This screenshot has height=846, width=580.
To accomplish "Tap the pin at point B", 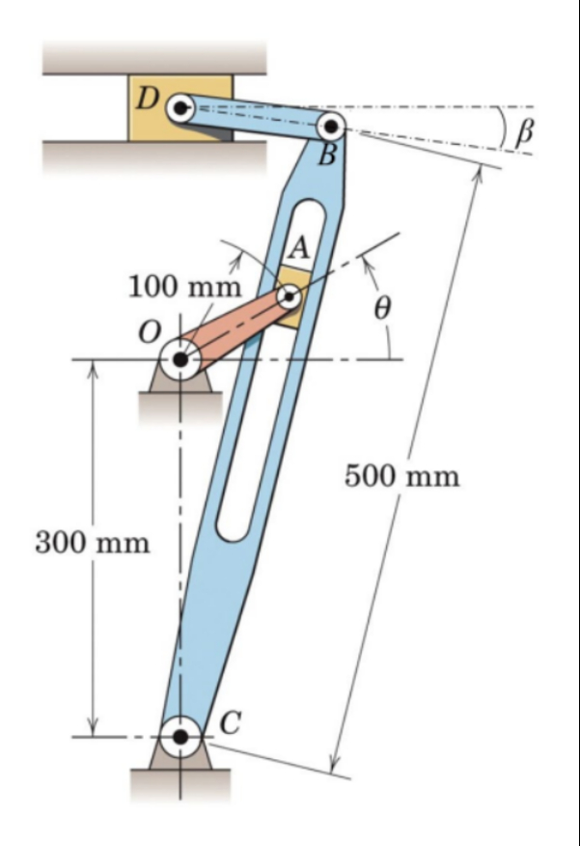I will [331, 126].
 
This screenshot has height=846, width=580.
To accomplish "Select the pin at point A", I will [288, 296].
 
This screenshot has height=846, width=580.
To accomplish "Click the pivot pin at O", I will [180, 361].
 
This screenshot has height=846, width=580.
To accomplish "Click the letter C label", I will [229, 721].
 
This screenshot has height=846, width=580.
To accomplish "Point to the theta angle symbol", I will [382, 308].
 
